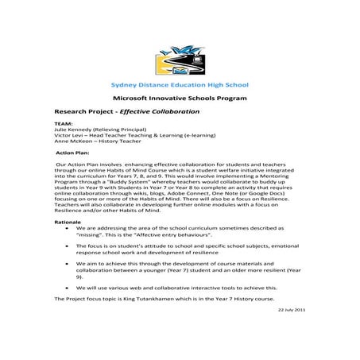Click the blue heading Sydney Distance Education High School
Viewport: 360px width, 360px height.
point(179,84)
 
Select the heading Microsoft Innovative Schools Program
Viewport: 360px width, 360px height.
point(179,98)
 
